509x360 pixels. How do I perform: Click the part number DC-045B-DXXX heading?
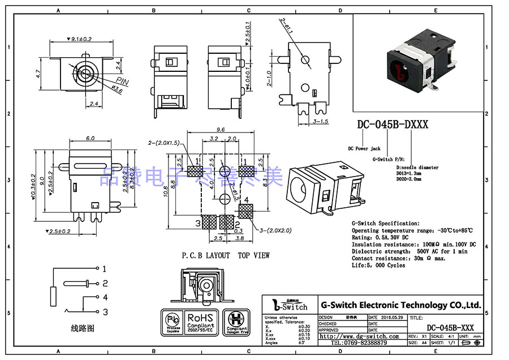pyautogui.click(x=392, y=125)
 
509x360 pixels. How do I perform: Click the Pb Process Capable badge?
pyautogui.click(x=173, y=323)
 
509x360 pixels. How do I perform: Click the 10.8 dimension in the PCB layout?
pyautogui.click(x=166, y=192)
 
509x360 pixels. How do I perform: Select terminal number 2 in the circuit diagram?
pyautogui.click(x=105, y=283)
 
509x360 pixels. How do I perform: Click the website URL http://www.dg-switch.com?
pyautogui.click(x=361, y=336)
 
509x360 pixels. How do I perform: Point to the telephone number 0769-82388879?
pyautogui.click(x=359, y=343)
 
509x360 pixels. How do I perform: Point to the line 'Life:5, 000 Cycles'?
pyautogui.click(x=378, y=265)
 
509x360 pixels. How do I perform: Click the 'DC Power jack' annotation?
pyautogui.click(x=364, y=148)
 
